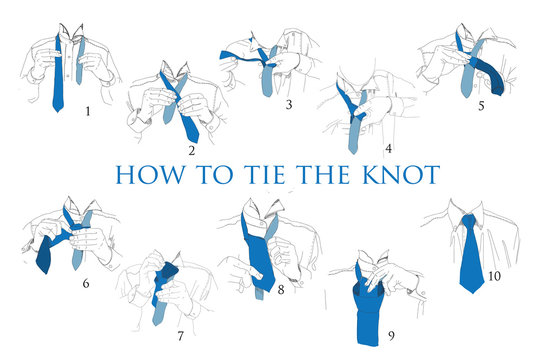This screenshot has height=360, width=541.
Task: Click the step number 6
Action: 87,284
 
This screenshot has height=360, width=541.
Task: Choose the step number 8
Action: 281,292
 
